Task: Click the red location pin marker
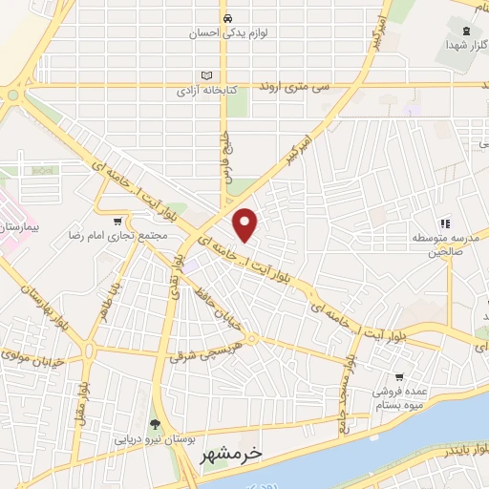[x=246, y=224]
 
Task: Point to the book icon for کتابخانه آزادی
[x=207, y=76]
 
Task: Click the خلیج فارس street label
[x=227, y=149]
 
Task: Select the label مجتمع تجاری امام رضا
[x=119, y=234]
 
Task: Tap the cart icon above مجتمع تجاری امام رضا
[x=118, y=220]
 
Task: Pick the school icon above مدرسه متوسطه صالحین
[x=443, y=223]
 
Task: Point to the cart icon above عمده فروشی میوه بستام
[x=398, y=376]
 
